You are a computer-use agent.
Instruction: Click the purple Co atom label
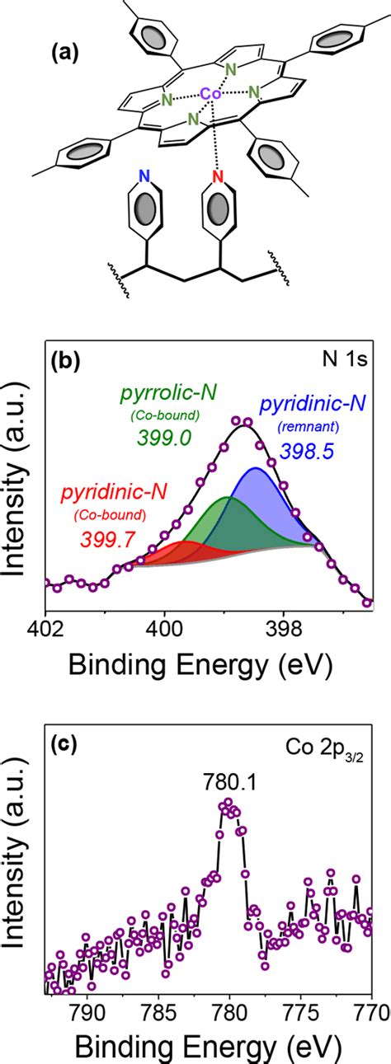point(211,95)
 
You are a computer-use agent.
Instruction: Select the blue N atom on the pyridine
point(145,175)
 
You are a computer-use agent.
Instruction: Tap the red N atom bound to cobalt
point(218,176)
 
